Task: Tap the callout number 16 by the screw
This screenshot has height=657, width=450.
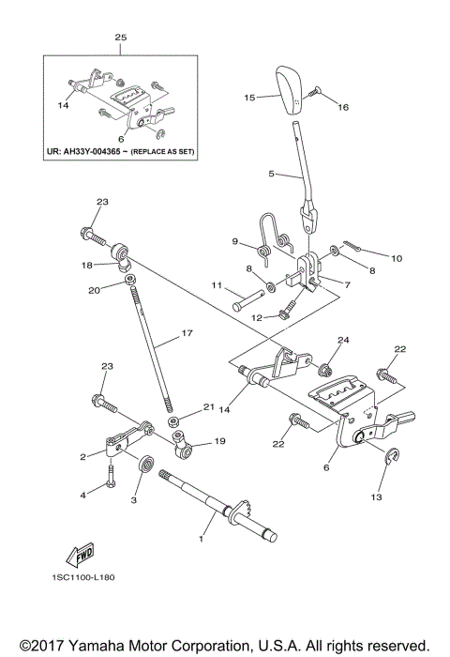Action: pos(342,108)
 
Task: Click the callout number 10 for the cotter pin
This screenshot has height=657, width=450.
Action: pos(396,257)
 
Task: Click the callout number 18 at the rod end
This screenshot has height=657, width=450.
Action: pos(86,266)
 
